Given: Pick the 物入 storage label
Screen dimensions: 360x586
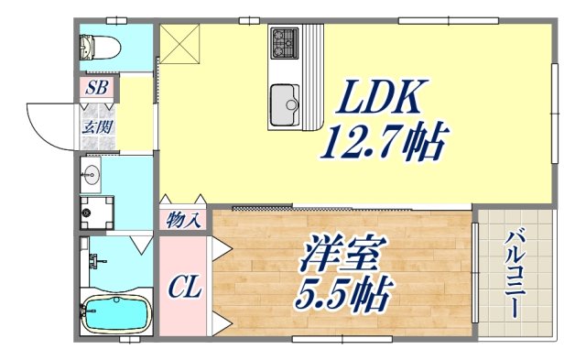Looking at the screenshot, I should point(184,220).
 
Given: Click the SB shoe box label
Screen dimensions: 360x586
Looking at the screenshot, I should point(96,89).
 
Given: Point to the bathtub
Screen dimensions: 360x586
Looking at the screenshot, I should point(115,314).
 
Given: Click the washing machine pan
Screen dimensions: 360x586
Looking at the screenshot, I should point(96,212).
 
